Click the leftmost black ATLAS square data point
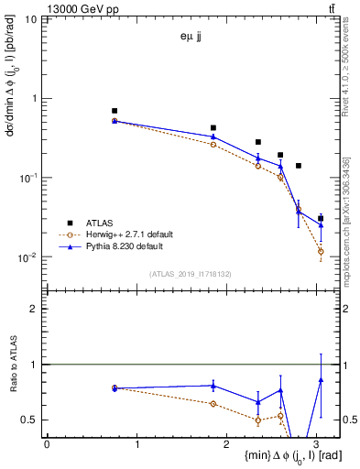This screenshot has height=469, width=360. point(115,111)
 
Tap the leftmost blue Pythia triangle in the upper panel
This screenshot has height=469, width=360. point(115,120)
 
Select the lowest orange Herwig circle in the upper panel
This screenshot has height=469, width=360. point(321,251)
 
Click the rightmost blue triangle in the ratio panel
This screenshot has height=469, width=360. point(321,379)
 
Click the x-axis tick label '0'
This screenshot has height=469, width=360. point(47,444)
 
